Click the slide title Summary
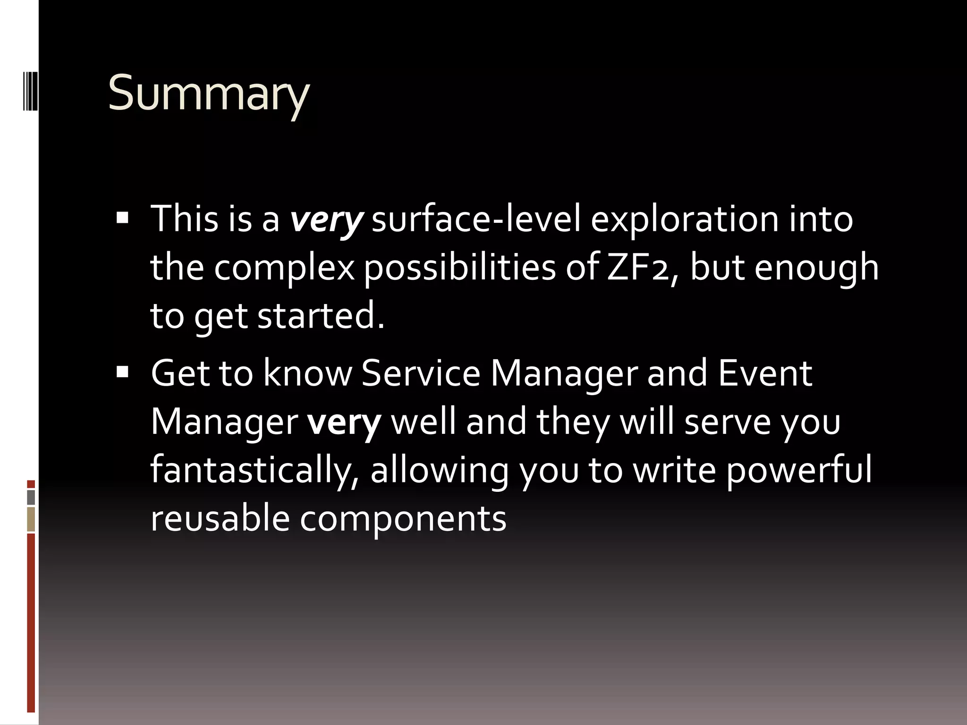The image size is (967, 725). point(208,93)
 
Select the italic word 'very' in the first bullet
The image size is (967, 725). point(326,219)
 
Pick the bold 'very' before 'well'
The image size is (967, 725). point(344,422)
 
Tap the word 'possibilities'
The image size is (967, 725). point(460,268)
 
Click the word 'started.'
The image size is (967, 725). point(321,316)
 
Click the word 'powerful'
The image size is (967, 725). point(798,470)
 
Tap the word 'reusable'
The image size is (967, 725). point(219,518)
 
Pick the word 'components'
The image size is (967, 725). point(403,519)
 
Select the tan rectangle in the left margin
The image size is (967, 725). point(31,519)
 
